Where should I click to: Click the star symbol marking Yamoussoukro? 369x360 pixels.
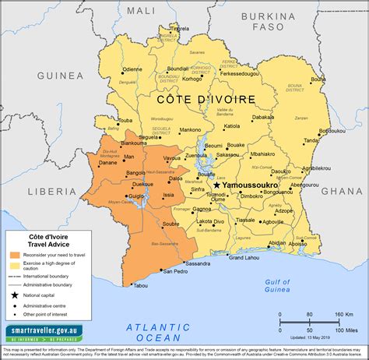[x=216, y=185]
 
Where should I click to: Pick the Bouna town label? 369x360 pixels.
[x=318, y=79]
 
